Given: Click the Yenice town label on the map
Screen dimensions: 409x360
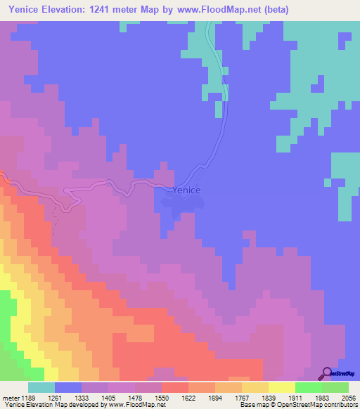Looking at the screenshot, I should pyautogui.click(x=186, y=190).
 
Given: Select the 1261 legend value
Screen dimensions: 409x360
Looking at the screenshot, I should pyautogui.click(x=56, y=397).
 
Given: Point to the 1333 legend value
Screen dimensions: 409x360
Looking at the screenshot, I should pyautogui.click(x=82, y=397).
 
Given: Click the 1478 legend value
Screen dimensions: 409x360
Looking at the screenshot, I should pyautogui.click(x=135, y=397).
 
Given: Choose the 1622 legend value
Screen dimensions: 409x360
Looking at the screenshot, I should pyautogui.click(x=188, y=397).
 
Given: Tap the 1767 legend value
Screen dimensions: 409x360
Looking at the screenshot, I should pyautogui.click(x=240, y=397).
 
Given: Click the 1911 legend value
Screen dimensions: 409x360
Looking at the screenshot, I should pyautogui.click(x=295, y=397).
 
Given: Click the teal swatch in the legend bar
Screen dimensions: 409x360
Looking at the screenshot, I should pyautogui.click(x=41, y=387).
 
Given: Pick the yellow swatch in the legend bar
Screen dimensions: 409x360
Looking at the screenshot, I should pyautogui.click(x=281, y=387).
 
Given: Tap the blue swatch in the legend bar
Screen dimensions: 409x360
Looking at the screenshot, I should pyautogui.click(x=68, y=387).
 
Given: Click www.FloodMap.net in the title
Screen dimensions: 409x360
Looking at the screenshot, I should pyautogui.click(x=214, y=10).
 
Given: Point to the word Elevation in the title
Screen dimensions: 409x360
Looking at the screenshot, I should pyautogui.click(x=75, y=10).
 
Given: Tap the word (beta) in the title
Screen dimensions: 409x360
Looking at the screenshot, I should pyautogui.click(x=273, y=10).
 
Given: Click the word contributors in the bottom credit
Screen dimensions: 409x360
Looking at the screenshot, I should pyautogui.click(x=340, y=405).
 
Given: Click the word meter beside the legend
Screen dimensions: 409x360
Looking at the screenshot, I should pyautogui.click(x=11, y=397).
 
